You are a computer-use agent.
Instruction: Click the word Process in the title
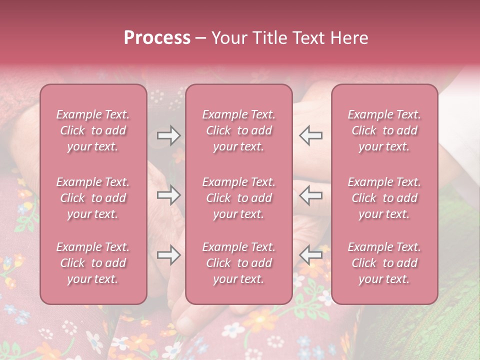pyautogui.click(x=157, y=38)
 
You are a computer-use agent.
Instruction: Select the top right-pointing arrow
pyautogui.click(x=168, y=135)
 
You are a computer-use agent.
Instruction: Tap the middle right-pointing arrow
pyautogui.click(x=168, y=195)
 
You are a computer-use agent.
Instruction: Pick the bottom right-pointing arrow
pyautogui.click(x=168, y=255)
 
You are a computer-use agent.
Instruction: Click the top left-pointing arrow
pyautogui.click(x=310, y=135)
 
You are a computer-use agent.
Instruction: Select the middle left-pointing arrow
pyautogui.click(x=310, y=195)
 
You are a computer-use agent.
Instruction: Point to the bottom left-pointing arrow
pyautogui.click(x=310, y=255)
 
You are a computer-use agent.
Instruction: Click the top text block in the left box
pyautogui.click(x=93, y=130)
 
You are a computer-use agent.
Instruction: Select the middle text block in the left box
pyautogui.click(x=93, y=198)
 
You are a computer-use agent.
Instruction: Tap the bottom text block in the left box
pyautogui.click(x=93, y=263)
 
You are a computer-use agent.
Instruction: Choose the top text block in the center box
pyautogui.click(x=239, y=130)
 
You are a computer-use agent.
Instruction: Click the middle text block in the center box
pyautogui.click(x=239, y=198)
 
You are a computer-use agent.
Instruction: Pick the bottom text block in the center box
pyautogui.click(x=239, y=263)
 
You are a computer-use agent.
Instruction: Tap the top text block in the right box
pyautogui.click(x=384, y=130)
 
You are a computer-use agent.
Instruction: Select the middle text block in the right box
pyautogui.click(x=384, y=198)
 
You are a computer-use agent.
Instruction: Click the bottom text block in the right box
pyautogui.click(x=384, y=263)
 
